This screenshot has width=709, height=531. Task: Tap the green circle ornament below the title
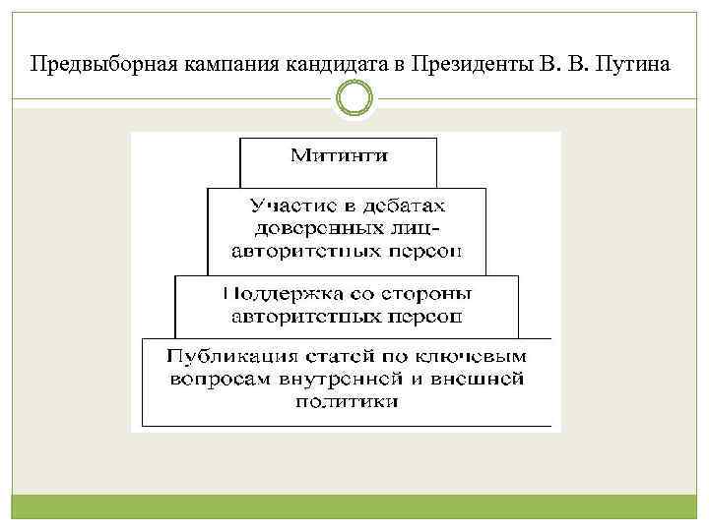[x=354, y=99]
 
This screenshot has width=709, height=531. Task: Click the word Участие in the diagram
[x=283, y=206]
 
